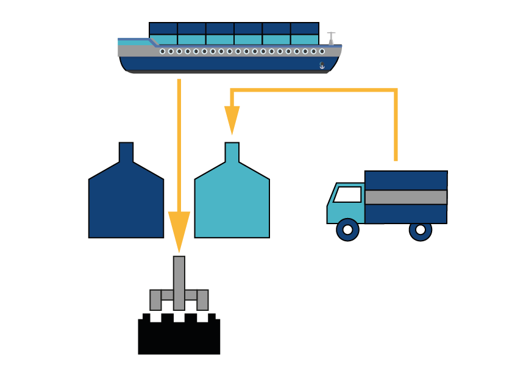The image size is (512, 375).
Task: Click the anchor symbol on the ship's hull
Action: point(322,65)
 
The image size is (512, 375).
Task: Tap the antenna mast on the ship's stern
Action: point(331,38)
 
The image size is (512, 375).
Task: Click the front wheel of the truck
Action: point(347,230)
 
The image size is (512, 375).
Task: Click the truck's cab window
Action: point(348,195)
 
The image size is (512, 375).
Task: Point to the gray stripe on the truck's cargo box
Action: point(406,197)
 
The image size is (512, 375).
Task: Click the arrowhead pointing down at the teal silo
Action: point(232,120)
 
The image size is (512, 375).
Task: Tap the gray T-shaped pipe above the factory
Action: point(179,287)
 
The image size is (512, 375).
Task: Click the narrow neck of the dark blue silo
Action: point(126,151)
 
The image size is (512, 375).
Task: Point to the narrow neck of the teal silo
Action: point(232,151)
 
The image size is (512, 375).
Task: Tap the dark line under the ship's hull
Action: point(232,72)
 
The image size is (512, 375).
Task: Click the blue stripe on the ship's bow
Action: point(137,40)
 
